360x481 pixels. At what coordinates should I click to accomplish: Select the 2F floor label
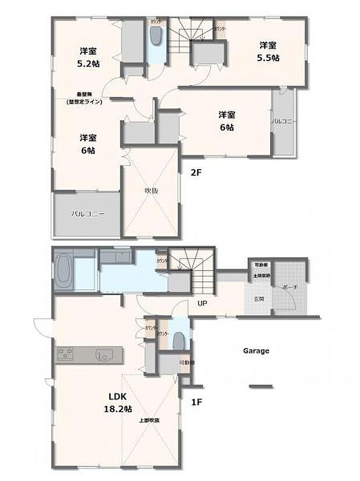click(x=195, y=171)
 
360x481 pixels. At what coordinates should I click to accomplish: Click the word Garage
click(x=255, y=351)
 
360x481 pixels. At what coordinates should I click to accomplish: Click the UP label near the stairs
click(x=202, y=303)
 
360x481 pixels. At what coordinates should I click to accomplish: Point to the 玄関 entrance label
click(x=258, y=299)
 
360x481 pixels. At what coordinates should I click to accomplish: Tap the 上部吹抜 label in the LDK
click(x=149, y=419)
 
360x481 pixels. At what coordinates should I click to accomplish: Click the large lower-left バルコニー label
click(x=88, y=214)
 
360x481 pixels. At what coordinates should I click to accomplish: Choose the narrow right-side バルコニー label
click(x=284, y=121)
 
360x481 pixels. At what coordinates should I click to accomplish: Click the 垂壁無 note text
click(x=84, y=98)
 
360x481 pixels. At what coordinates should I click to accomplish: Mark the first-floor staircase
click(x=192, y=264)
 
